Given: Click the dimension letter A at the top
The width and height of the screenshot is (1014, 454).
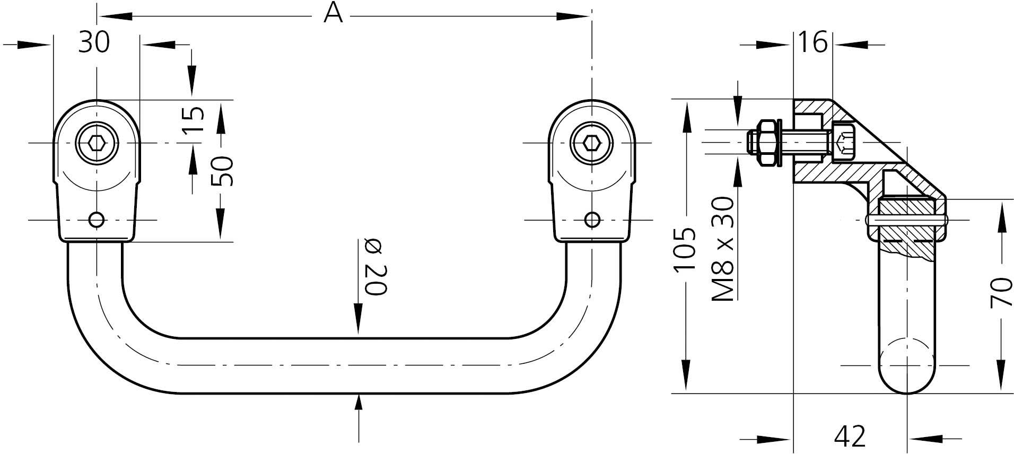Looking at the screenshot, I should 333,14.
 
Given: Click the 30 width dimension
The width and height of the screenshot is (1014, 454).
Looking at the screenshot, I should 94,42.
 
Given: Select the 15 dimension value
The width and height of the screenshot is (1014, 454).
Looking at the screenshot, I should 195,120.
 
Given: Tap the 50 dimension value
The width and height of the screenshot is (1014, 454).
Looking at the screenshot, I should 222,171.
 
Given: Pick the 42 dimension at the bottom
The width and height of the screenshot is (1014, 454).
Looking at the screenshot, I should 850,436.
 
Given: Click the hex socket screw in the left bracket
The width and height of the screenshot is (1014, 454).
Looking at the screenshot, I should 97,143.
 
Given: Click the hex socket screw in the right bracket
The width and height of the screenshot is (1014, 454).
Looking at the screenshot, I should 591,143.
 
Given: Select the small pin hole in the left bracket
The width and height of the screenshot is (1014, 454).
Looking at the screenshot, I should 97,220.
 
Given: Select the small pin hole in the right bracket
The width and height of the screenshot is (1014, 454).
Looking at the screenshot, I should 592,220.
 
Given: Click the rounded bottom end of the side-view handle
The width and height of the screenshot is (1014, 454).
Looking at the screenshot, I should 907,379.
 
